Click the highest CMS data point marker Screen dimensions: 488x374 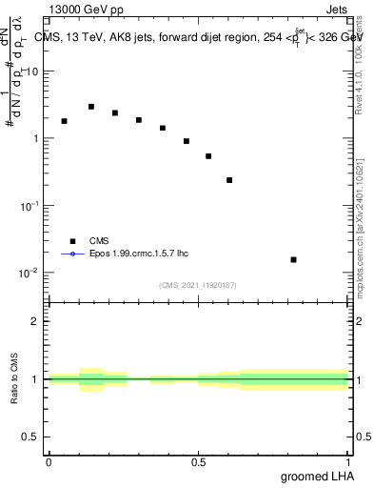(91, 107)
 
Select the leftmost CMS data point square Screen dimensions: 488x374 (64, 121)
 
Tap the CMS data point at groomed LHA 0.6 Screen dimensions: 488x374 (229, 180)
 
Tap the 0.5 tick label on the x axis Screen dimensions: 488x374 (198, 461)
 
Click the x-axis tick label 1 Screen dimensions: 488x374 (347, 461)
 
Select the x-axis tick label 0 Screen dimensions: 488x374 (49, 461)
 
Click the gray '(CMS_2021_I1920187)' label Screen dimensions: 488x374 (198, 284)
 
